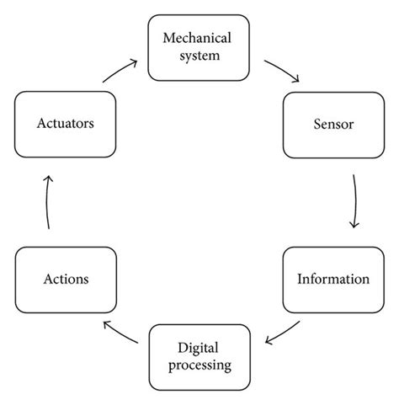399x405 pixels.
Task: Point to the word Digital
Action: (199, 347)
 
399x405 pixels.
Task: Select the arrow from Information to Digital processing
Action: (283, 332)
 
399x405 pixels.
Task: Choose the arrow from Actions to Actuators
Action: (47, 202)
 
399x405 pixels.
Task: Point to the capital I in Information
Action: (301, 278)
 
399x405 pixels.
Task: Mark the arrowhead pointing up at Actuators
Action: (49, 178)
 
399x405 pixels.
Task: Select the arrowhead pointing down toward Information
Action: (353, 226)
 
